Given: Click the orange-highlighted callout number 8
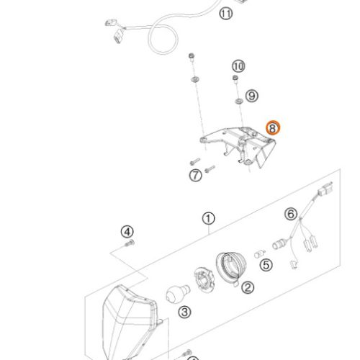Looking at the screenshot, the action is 273,128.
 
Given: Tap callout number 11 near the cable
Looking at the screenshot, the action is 225,14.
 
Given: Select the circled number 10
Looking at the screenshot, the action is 238,66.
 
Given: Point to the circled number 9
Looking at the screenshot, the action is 252,96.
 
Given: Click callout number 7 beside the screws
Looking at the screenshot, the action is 196,176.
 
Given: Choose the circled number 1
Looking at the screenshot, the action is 208,219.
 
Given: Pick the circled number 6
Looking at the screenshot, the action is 291,214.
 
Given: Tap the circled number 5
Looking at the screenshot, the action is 266,265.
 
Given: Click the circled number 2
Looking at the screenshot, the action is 248,287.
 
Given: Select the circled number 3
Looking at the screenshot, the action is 184,312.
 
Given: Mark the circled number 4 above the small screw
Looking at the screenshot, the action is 127,232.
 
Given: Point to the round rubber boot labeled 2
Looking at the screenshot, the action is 231,267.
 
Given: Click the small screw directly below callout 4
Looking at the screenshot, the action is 130,243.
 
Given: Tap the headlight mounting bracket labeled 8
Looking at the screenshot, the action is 238,147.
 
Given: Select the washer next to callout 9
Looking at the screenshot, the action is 239,102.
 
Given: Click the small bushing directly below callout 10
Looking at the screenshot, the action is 235,79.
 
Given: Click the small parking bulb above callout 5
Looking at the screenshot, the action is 259,254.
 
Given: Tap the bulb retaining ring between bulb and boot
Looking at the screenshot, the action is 204,280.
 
